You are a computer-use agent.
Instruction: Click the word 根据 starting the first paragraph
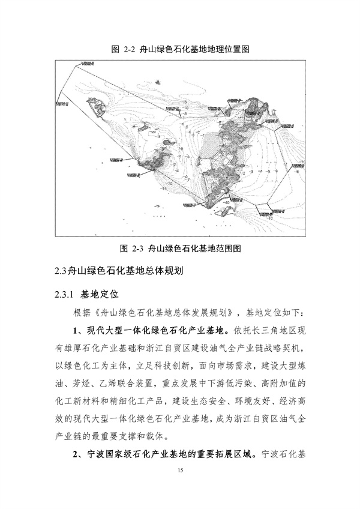pyautogui.click(x=82, y=313)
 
